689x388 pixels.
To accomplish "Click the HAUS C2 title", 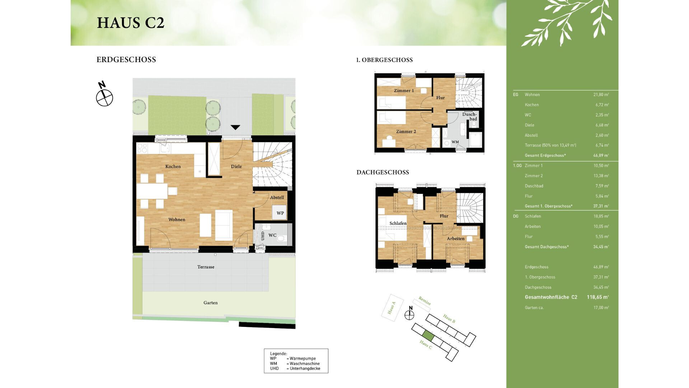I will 131,23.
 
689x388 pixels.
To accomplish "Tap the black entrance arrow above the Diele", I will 235,127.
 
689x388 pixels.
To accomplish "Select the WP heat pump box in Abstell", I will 280,213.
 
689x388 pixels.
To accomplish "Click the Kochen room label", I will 173,166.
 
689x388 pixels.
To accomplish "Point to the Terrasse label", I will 206,267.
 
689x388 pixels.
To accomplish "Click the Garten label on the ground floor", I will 210,302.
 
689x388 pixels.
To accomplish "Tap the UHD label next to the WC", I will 262,236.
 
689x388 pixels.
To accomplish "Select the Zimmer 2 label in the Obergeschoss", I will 406,131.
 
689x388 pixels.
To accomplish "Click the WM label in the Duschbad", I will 455,142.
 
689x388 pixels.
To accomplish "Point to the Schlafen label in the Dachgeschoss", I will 398,223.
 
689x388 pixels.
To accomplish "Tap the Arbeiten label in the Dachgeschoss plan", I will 455,239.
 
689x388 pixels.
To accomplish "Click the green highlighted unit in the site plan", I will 428,336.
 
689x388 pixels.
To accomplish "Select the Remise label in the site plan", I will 425,301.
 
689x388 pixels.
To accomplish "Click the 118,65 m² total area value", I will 597,297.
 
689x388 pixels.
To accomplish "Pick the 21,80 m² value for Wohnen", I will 601,94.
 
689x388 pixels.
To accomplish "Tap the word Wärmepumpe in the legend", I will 303,359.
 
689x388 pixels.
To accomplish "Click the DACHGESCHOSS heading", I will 383,172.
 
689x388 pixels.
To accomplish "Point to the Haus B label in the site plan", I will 449,318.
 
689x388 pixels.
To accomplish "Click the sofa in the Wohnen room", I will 224,225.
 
